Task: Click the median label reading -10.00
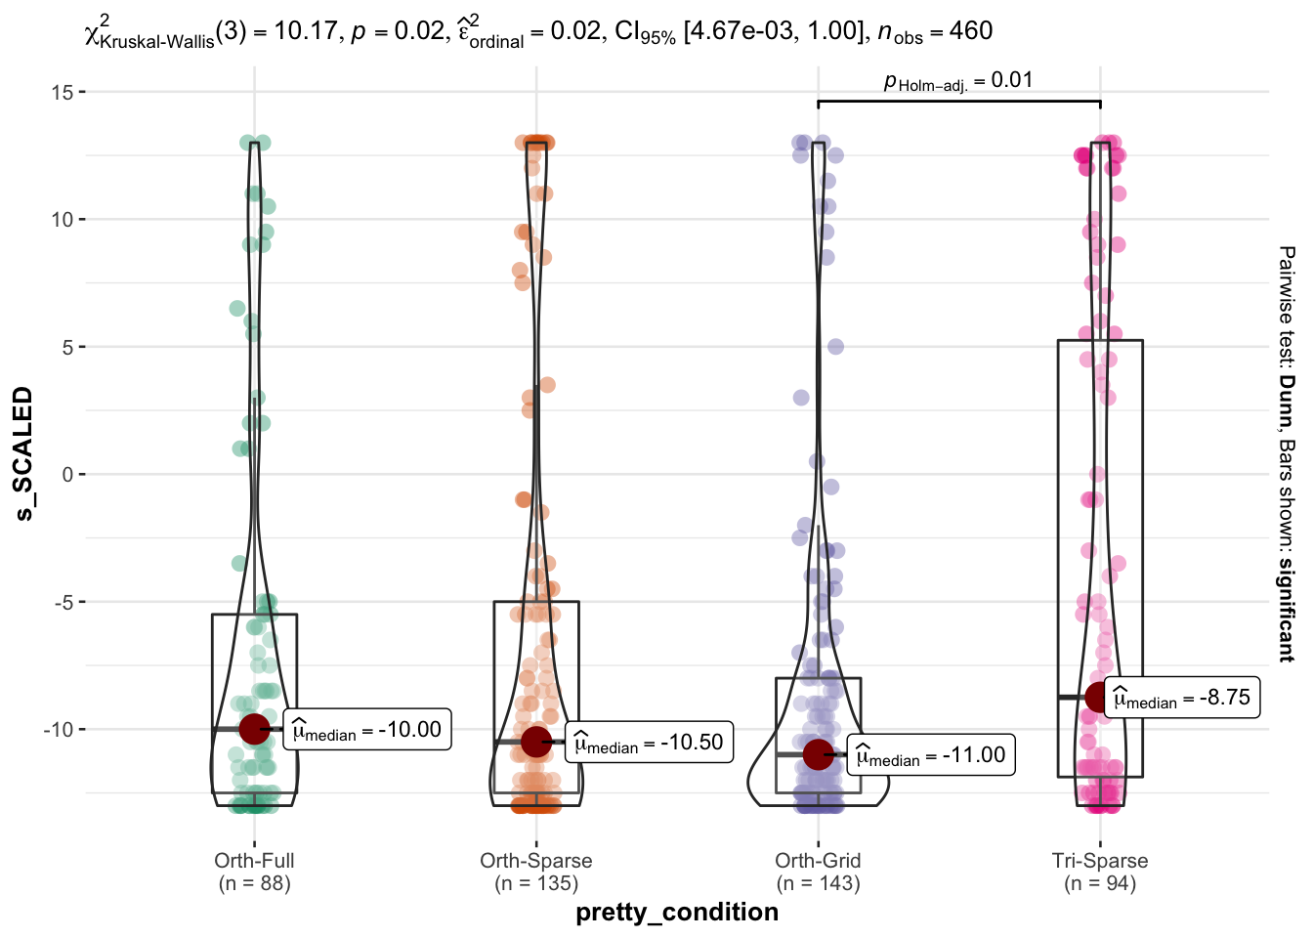(x=367, y=729)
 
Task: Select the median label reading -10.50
(x=649, y=743)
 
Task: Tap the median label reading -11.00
(x=931, y=754)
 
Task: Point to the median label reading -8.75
(x=1182, y=697)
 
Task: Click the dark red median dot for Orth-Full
(x=254, y=729)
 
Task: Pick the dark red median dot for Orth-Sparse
(x=536, y=743)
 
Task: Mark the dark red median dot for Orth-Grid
(x=819, y=754)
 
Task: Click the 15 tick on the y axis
(x=63, y=92)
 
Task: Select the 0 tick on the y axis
(x=68, y=474)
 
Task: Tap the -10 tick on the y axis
(x=59, y=729)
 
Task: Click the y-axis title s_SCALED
(x=23, y=453)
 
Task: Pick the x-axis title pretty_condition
(x=677, y=913)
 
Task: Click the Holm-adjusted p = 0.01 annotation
(x=958, y=80)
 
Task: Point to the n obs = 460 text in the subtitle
(x=936, y=30)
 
